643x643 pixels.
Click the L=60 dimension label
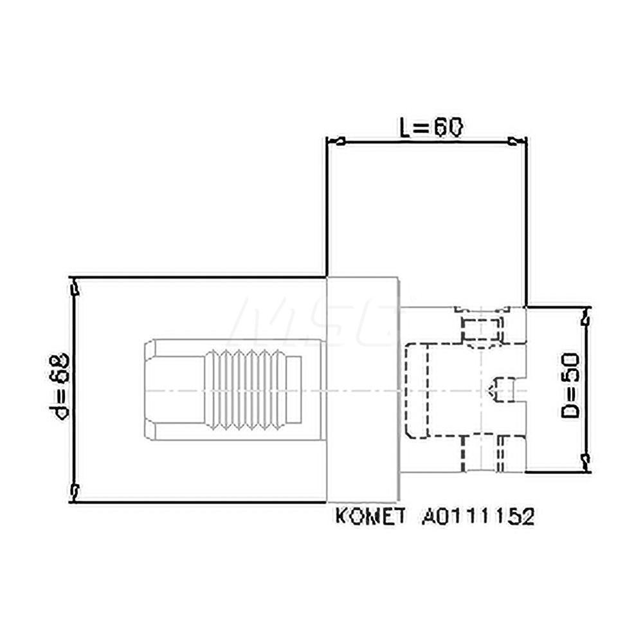click(428, 128)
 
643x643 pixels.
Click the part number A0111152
click(478, 517)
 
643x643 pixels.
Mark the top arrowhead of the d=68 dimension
click(76, 287)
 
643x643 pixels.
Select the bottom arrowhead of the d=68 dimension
click(76, 492)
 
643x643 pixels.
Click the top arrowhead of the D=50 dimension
click(584, 316)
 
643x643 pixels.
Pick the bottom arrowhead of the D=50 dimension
click(584, 461)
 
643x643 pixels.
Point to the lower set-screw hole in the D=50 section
click(482, 453)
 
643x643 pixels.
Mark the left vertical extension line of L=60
click(327, 206)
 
